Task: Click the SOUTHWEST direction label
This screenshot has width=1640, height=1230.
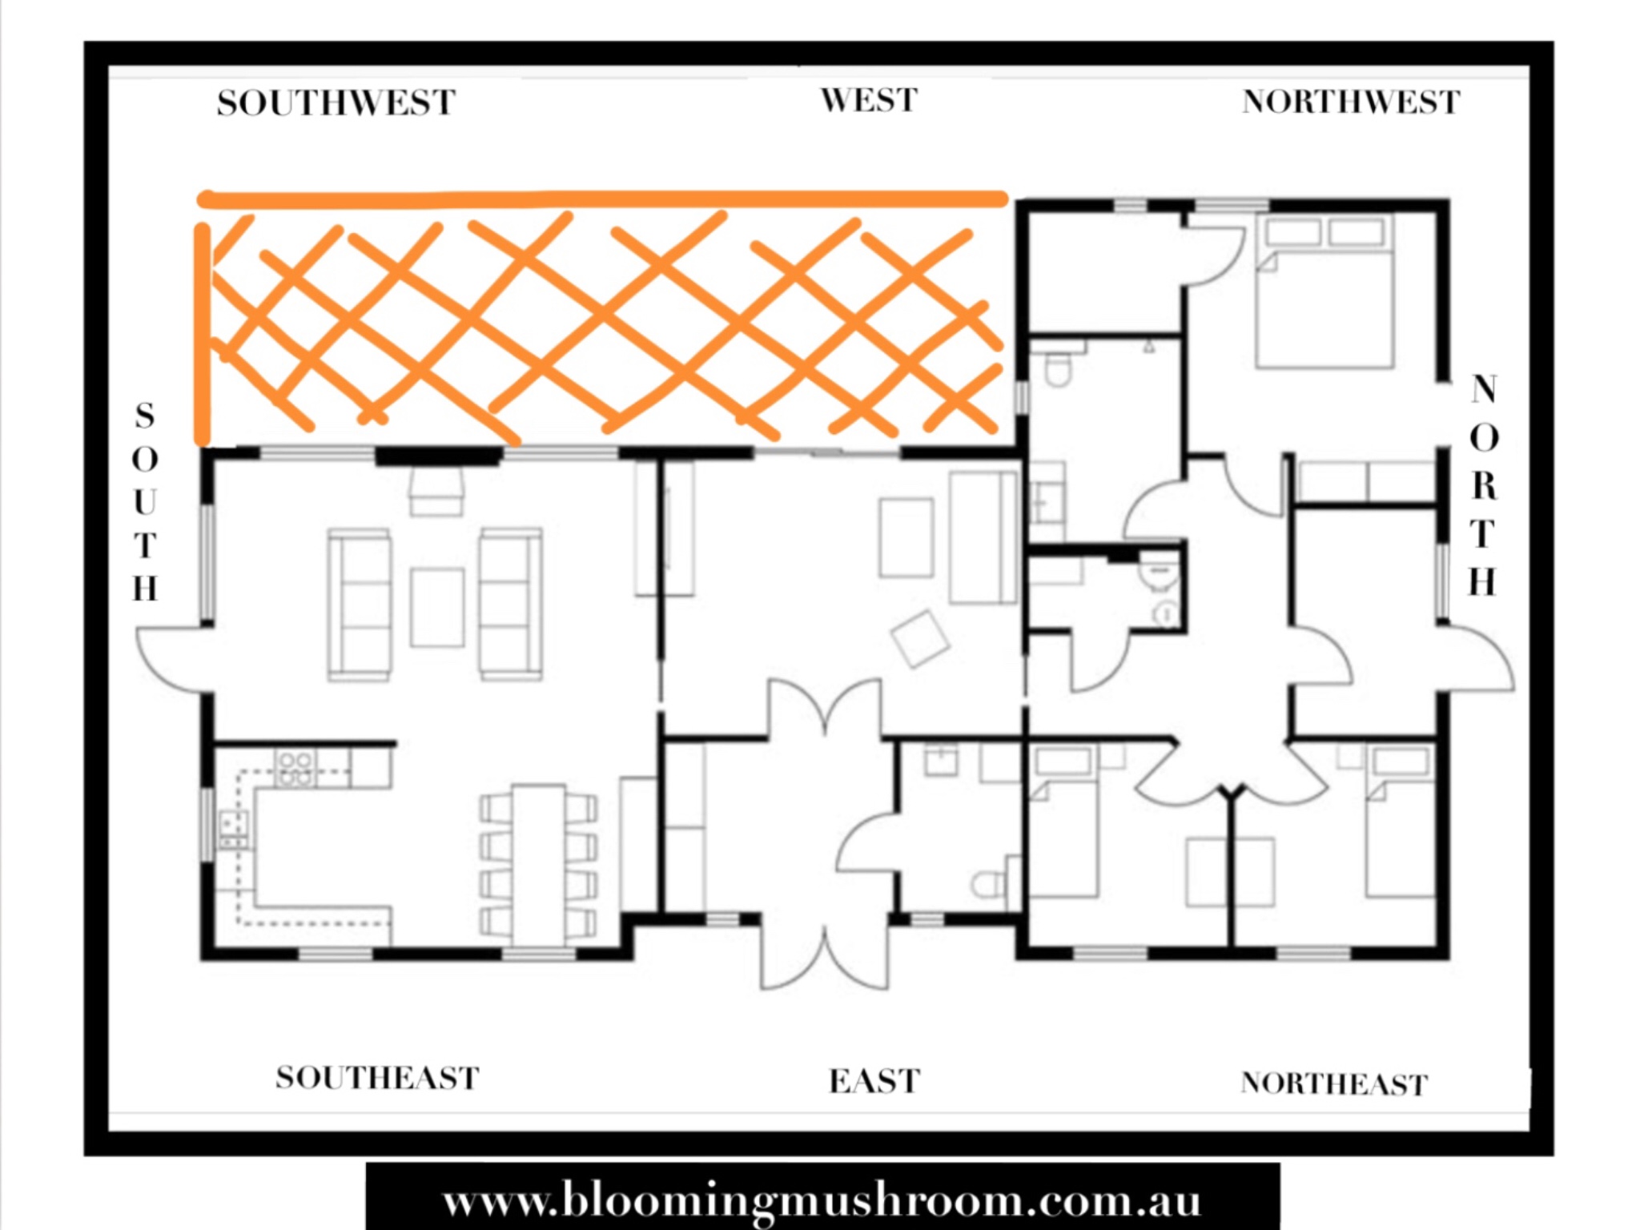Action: [336, 103]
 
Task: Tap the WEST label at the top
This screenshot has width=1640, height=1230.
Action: [869, 101]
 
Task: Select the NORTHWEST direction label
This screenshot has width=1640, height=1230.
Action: [1351, 102]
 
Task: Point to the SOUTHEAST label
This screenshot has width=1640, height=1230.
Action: [377, 1078]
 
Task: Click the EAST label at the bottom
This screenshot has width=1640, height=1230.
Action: [874, 1081]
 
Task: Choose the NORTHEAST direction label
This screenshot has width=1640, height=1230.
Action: [1334, 1083]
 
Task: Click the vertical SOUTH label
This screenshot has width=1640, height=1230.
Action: [145, 502]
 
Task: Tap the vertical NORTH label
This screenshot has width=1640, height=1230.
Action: [1483, 486]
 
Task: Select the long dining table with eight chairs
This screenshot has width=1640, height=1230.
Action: [539, 865]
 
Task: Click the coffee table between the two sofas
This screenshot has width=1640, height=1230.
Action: [437, 607]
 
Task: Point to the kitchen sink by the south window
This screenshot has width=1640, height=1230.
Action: [234, 830]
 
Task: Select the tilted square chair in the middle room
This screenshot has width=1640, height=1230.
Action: [920, 639]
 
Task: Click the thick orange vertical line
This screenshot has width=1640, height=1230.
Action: [203, 334]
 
